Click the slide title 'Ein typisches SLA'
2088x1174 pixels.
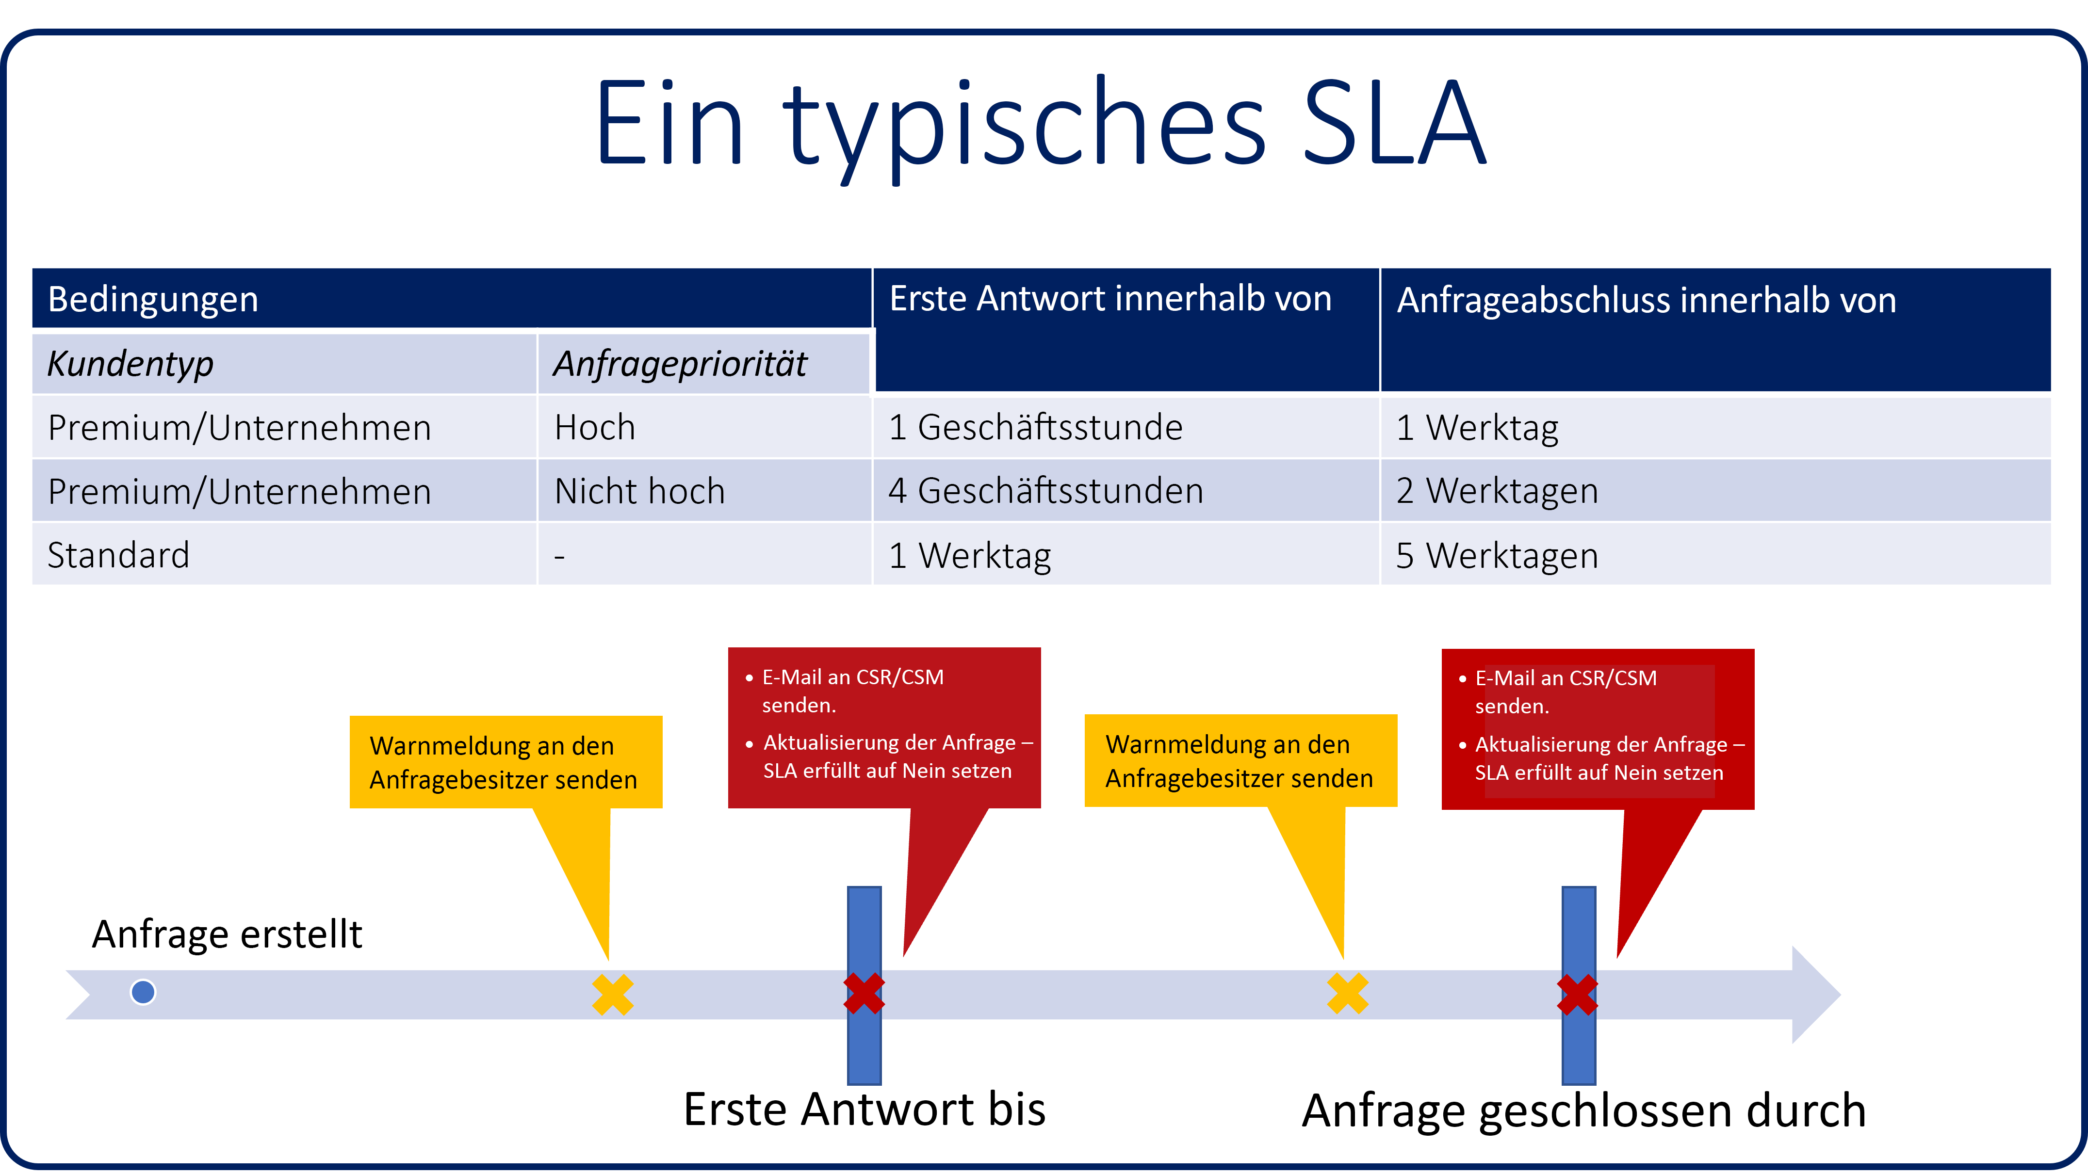pyautogui.click(x=1041, y=126)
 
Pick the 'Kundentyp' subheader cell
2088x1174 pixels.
pyautogui.click(x=284, y=363)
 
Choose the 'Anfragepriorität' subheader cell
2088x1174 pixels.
pyautogui.click(x=703, y=363)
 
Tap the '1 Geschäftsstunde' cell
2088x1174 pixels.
pyautogui.click(x=1126, y=427)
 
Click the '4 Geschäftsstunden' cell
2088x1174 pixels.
pyautogui.click(x=1126, y=491)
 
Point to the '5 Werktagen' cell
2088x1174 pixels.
pyautogui.click(x=1715, y=555)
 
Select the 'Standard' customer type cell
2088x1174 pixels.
pyautogui.click(x=284, y=555)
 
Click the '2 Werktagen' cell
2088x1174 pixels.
pyautogui.click(x=1715, y=491)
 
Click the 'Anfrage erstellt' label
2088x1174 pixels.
pyautogui.click(x=227, y=934)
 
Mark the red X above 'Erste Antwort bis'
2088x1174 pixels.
pyautogui.click(x=864, y=994)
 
